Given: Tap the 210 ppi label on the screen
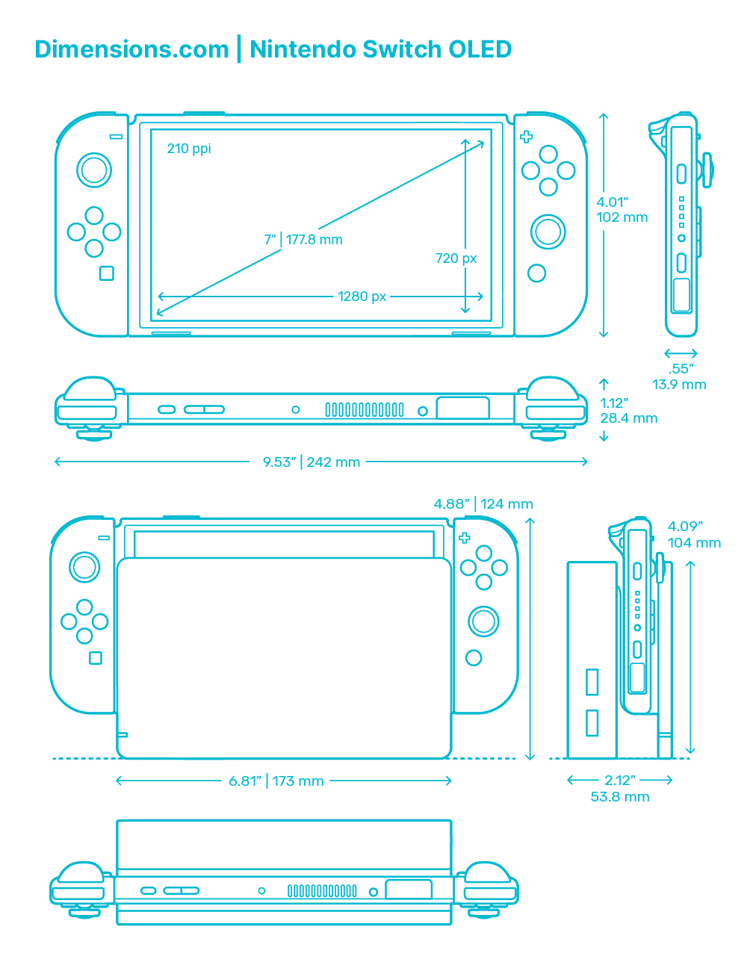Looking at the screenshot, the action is tap(188, 149).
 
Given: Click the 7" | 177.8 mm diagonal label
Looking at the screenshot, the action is tap(303, 240).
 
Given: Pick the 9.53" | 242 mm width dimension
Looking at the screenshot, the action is tap(311, 462).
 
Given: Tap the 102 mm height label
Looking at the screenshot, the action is tap(622, 217).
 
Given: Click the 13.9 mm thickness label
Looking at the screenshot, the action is tap(678, 384).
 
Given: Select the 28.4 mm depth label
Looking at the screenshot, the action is tap(629, 418).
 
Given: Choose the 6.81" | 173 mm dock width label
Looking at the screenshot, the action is tap(276, 781).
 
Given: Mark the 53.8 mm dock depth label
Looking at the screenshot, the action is tap(620, 797).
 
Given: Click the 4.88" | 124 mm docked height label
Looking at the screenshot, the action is tap(483, 504).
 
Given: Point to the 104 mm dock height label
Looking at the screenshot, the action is tap(694, 543).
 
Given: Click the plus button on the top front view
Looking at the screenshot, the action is tap(527, 137).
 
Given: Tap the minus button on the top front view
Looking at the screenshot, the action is tap(117, 136).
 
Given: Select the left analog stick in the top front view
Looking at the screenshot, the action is tap(94, 170).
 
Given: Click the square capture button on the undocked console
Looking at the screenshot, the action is tap(106, 273).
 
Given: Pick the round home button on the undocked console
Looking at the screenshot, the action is tap(536, 273).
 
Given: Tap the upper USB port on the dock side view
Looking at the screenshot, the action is tap(592, 682).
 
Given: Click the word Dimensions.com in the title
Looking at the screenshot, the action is tap(131, 49).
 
